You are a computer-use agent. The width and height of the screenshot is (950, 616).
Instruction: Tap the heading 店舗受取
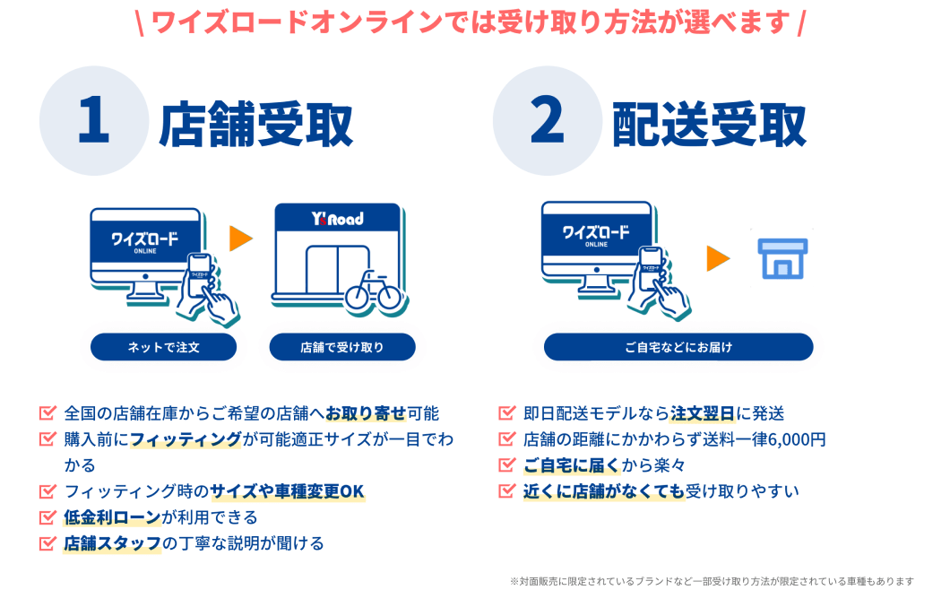click(256, 126)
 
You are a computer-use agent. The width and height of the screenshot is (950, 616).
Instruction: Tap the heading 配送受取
click(710, 126)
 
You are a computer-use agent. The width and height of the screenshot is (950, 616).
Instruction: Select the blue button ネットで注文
click(163, 347)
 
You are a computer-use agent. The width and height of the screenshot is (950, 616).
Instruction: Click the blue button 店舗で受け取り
click(342, 347)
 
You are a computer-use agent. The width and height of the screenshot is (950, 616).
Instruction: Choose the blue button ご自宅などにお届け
click(678, 347)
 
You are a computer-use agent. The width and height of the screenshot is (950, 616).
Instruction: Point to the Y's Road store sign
click(337, 218)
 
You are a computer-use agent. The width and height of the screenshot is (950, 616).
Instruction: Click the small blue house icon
click(782, 258)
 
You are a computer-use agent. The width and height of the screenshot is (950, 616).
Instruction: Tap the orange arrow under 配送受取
click(718, 258)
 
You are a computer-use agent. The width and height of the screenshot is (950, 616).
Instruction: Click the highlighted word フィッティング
click(186, 439)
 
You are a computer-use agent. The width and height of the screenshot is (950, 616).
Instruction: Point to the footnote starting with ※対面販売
click(712, 582)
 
